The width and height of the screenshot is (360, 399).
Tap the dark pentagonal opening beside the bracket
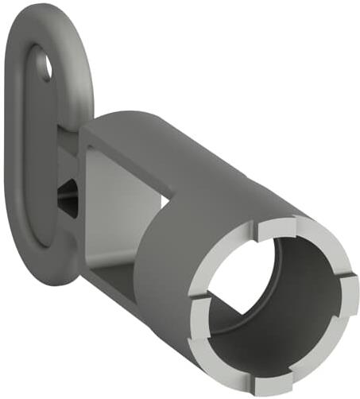coord(67,192)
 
